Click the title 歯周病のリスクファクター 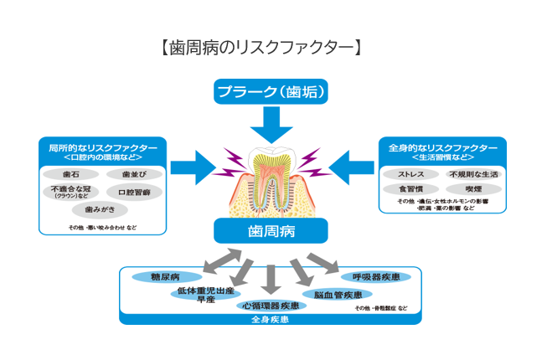point(261,48)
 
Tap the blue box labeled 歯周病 point(268,229)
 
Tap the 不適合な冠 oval point(71,193)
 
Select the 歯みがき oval point(98,210)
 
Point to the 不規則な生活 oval point(473,174)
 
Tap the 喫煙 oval point(473,190)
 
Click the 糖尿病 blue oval point(166,276)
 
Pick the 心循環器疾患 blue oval point(271,306)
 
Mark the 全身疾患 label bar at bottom point(270,319)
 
